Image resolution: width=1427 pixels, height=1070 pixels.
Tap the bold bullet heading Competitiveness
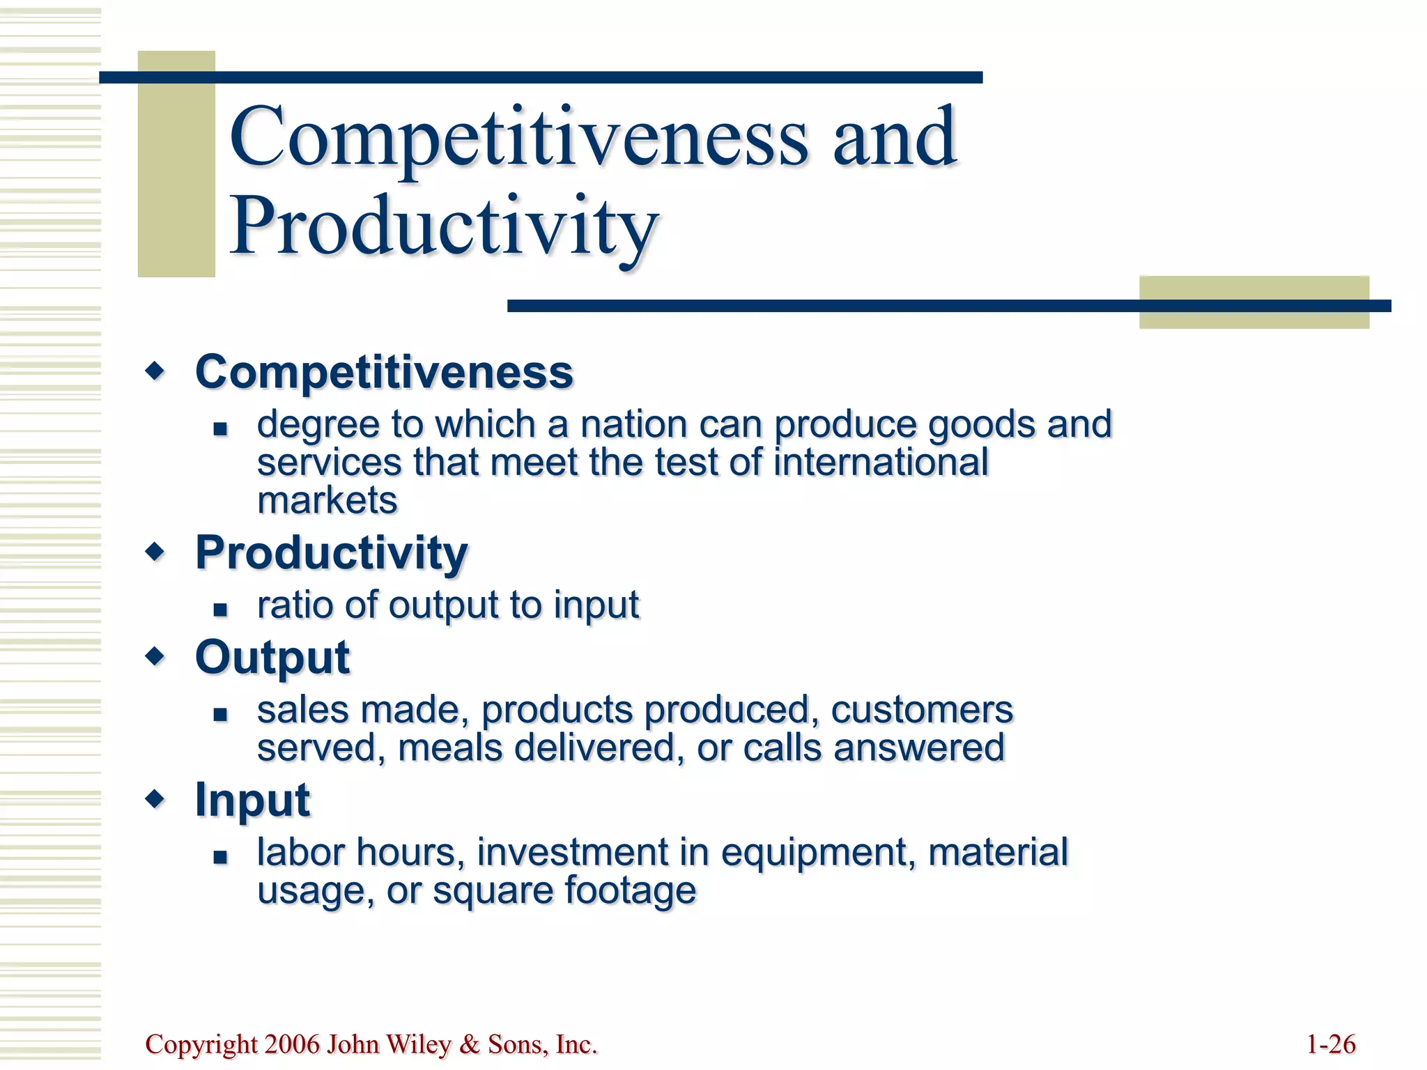(x=384, y=372)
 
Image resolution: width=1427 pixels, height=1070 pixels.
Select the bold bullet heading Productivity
(x=332, y=553)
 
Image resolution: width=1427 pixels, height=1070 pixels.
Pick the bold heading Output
(x=272, y=658)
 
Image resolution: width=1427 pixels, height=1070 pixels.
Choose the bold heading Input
(x=252, y=800)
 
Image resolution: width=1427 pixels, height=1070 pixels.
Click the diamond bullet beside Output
(x=155, y=656)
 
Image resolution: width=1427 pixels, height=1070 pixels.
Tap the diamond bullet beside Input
(x=155, y=799)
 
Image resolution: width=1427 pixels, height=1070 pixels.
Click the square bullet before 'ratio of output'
(x=221, y=610)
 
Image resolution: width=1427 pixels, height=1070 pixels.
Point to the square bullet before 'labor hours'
(x=221, y=857)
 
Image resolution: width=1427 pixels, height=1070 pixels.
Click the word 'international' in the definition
(x=881, y=463)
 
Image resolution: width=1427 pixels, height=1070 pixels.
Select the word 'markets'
(x=327, y=501)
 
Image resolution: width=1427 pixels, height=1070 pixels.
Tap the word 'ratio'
(x=295, y=605)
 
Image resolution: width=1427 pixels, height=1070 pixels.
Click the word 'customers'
(x=921, y=711)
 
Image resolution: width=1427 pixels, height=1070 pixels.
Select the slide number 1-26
(x=1331, y=1044)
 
